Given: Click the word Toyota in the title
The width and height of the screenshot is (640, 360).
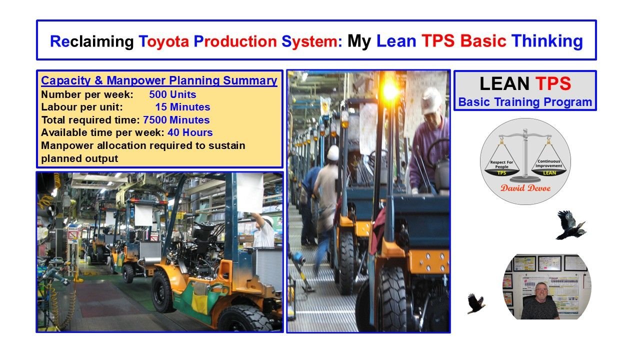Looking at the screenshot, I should click(x=163, y=41).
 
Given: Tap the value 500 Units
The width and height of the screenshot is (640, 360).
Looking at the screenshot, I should click(x=172, y=94).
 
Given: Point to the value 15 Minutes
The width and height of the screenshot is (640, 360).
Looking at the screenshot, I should click(x=182, y=107).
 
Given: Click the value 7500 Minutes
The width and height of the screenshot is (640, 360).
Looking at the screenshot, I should click(x=176, y=120).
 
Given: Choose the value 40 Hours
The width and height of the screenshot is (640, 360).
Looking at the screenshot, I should click(x=190, y=132).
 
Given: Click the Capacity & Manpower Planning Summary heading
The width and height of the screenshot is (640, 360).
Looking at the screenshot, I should click(x=159, y=80).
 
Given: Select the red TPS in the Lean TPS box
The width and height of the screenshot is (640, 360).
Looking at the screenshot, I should click(x=552, y=84).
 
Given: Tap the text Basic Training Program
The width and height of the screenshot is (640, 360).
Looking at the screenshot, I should click(x=525, y=102).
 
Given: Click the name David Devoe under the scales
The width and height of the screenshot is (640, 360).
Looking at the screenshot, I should click(x=525, y=188).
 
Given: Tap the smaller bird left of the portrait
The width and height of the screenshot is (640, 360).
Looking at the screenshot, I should click(x=475, y=303).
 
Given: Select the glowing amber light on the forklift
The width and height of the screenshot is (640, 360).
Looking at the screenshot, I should click(x=390, y=90).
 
